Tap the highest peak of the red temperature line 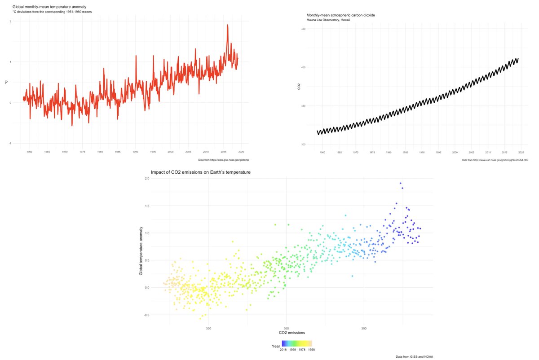coord(228,25)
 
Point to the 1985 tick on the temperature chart coord(117,152)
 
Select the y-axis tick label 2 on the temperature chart coord(10,22)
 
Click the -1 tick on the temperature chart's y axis coord(10,143)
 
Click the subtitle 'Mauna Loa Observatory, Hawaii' coord(328,20)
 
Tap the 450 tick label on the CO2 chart coord(303,29)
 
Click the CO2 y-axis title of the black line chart coord(299,87)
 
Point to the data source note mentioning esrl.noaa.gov coord(495,160)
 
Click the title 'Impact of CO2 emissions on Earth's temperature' coord(200,172)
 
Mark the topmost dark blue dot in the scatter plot coord(400,183)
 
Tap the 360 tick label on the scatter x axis coord(286,328)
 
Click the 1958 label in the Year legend coord(311,349)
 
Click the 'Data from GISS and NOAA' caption coord(414,356)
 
